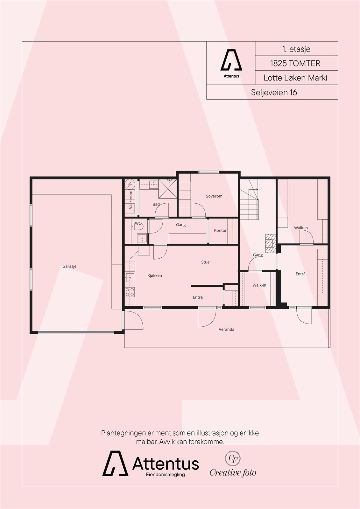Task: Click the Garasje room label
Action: (x=69, y=266)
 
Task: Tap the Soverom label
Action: (x=214, y=196)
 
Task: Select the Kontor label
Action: (x=220, y=230)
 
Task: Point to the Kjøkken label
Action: (x=155, y=275)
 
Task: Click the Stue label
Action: (x=205, y=262)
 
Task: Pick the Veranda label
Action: (x=226, y=329)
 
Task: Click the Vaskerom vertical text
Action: (x=131, y=200)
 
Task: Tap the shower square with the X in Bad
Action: (x=168, y=189)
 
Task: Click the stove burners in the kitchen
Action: (x=130, y=292)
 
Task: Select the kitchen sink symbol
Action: (x=130, y=278)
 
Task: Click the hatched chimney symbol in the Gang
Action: (x=270, y=243)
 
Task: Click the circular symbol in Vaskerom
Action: (x=130, y=184)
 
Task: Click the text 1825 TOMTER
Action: (x=295, y=63)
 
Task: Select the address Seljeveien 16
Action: (x=274, y=92)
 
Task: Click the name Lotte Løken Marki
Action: (x=295, y=78)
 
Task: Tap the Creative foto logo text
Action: (x=233, y=473)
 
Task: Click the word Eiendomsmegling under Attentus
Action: (x=165, y=474)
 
